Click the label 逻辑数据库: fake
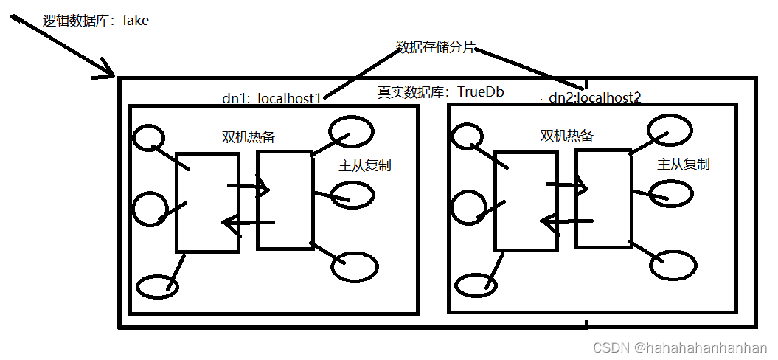96,21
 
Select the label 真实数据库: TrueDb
441,92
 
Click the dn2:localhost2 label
594,97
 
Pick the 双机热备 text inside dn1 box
249,137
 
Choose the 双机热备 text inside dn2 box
567,136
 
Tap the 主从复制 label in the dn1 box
365,165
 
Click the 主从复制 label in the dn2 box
684,164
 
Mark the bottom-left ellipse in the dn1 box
158,286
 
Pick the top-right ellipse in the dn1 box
351,131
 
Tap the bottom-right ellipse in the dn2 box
673,265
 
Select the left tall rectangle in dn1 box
207,202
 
